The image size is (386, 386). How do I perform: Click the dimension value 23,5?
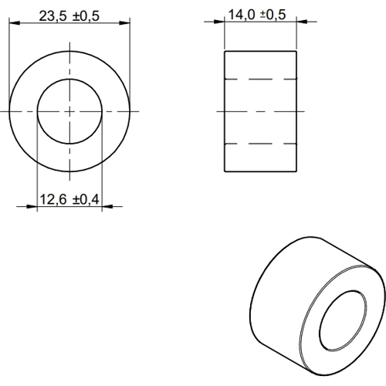[x=52, y=16]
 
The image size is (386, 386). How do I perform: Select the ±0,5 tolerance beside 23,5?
[x=86, y=16]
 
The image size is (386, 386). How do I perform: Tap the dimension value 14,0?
[x=242, y=15]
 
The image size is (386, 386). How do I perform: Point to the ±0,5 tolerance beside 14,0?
[x=273, y=15]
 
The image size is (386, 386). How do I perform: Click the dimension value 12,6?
[x=53, y=199]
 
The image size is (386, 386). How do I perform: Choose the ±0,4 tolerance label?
[x=86, y=199]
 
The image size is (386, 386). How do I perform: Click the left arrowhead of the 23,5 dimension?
[x=15, y=23]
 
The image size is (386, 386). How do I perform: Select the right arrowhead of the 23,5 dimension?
[x=125, y=23]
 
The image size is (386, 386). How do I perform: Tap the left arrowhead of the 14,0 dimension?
[x=219, y=22]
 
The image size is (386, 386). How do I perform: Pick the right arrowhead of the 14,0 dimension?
[x=302, y=22]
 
